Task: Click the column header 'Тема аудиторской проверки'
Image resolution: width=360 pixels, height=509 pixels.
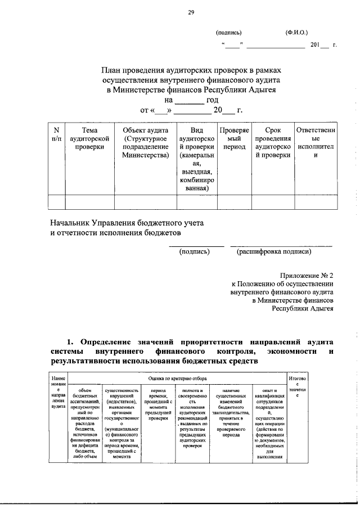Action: point(89,139)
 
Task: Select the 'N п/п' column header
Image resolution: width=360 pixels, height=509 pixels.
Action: point(56,134)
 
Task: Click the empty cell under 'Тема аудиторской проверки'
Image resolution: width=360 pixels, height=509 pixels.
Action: point(89,201)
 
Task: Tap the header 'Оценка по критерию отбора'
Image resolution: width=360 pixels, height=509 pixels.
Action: point(177,380)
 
